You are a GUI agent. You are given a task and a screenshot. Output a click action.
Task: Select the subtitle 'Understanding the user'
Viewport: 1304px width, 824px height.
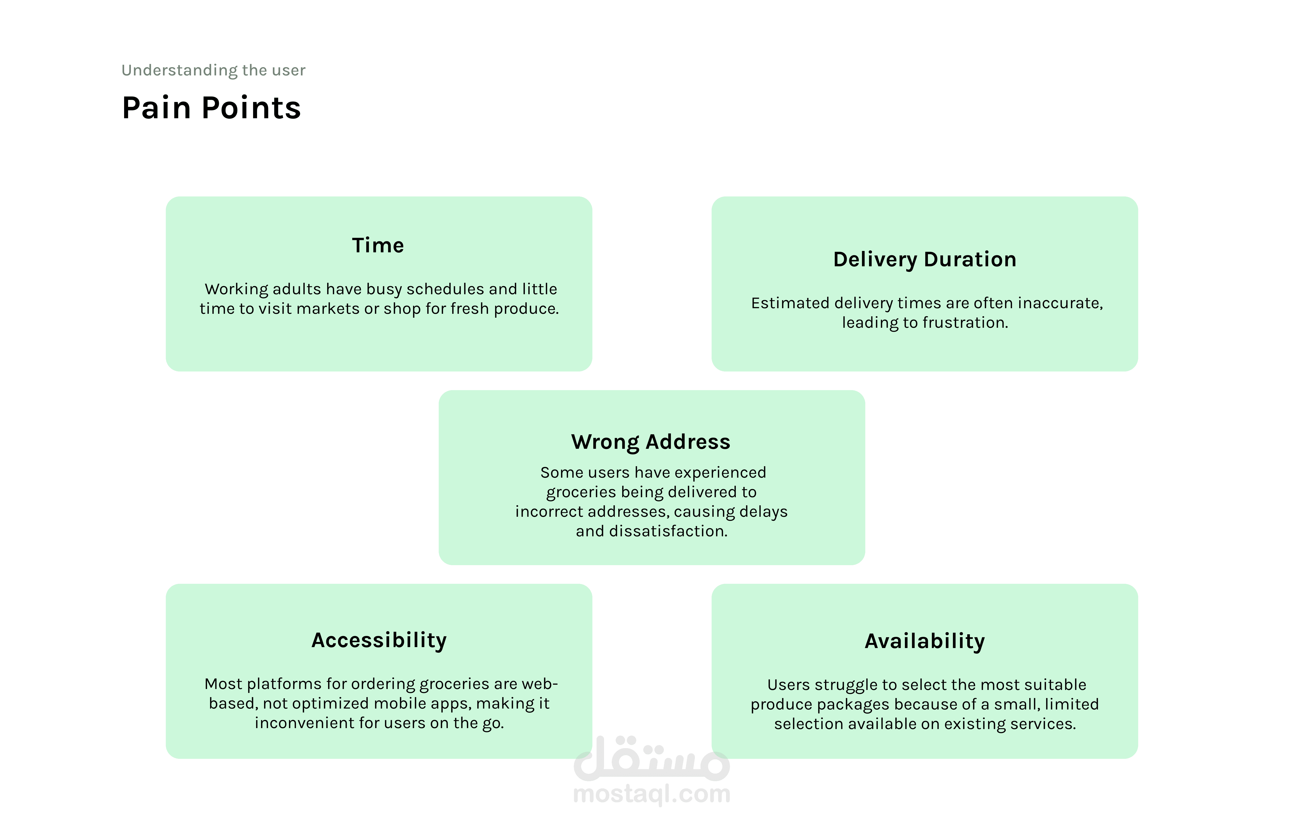[213, 70]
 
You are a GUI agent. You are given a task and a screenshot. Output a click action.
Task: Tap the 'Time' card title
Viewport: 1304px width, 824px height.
[378, 245]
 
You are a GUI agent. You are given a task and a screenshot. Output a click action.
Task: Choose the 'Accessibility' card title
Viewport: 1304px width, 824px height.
[379, 641]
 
